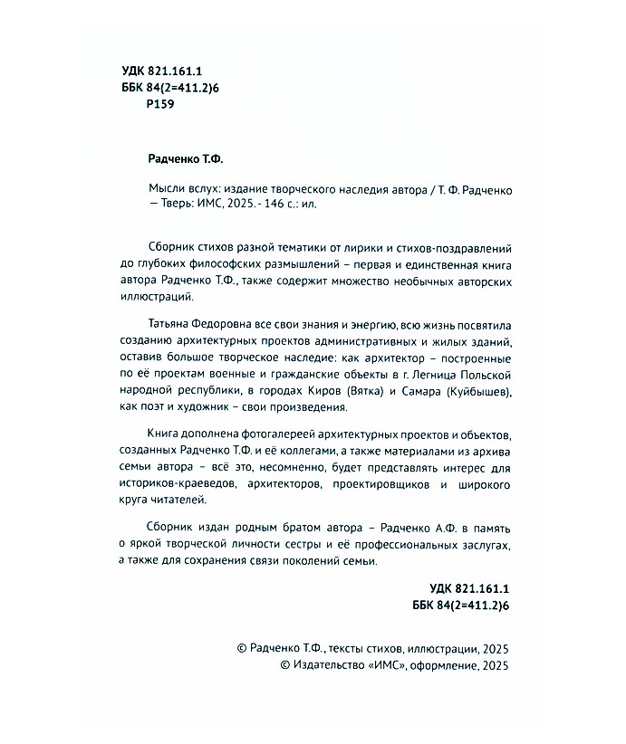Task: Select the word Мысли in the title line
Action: (x=165, y=187)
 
